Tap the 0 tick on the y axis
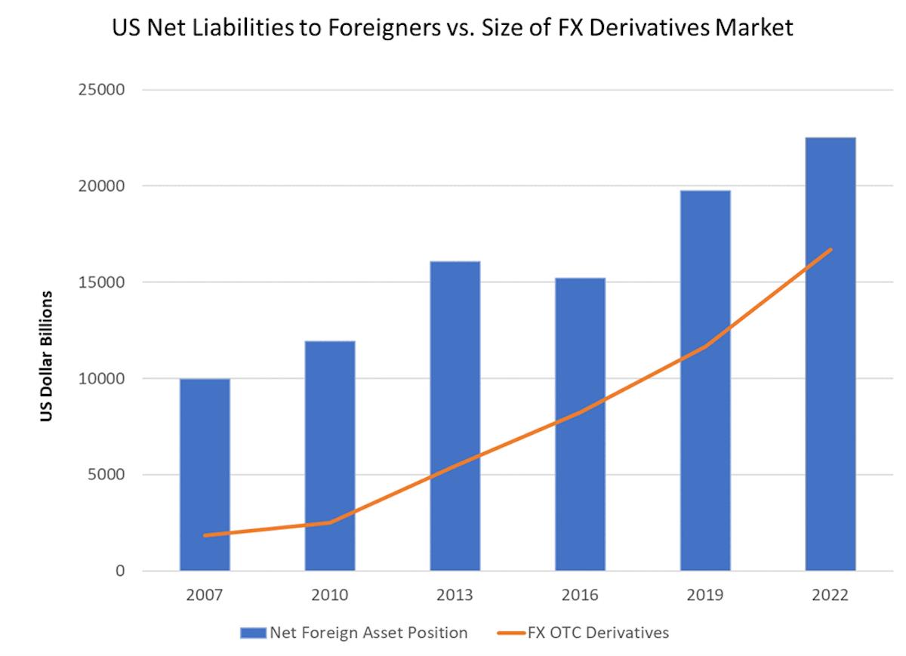tap(119, 571)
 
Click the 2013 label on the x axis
tap(455, 596)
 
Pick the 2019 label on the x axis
tap(705, 596)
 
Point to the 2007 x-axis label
tap(205, 596)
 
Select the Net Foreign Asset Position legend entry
tap(355, 632)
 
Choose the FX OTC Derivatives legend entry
tap(584, 632)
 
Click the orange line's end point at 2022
tap(830, 250)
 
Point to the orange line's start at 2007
tap(205, 535)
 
